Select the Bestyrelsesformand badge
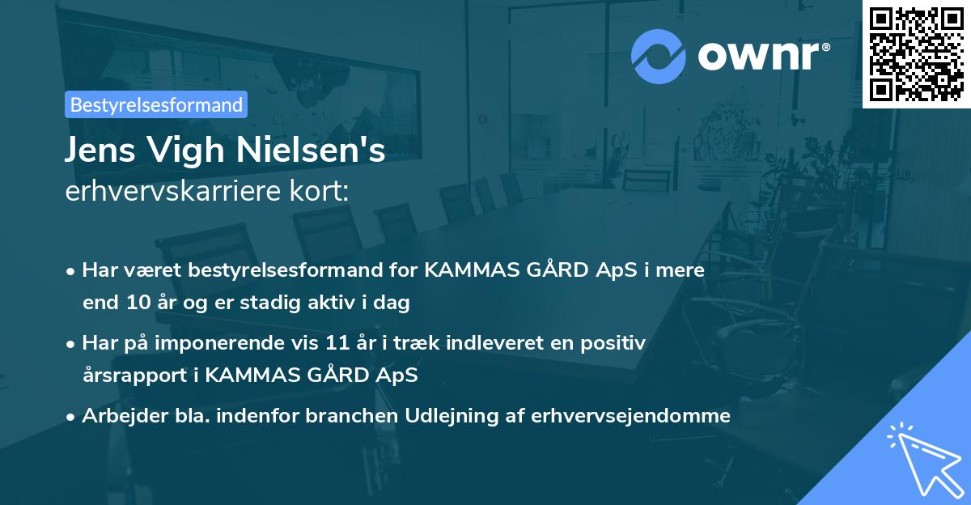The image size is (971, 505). pos(156,104)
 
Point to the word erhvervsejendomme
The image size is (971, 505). pos(631,416)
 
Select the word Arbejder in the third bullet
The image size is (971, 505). pos(119,416)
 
